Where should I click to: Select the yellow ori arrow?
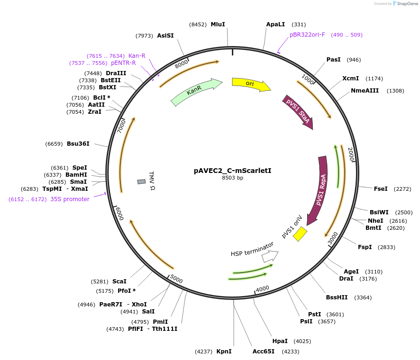coord(251,84)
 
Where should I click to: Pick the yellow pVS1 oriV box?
coord(300,234)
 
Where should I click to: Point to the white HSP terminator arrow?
coord(270,256)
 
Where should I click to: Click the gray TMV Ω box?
coord(142,182)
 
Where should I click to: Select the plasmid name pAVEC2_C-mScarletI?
coord(232,171)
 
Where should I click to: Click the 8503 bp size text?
coord(232,178)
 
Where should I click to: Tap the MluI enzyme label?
coord(218,24)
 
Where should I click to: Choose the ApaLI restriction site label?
coord(275,24)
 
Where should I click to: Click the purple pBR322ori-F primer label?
coord(307,35)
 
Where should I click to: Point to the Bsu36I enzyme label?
coord(78,144)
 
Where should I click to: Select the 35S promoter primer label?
coord(70,199)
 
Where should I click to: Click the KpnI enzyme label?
coord(224,352)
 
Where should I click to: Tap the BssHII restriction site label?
coord(337,297)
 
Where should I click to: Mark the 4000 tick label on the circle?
coord(262,289)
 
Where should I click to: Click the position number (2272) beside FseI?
coord(402,189)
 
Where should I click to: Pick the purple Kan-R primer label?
coord(137,55)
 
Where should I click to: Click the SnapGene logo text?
coord(408,3)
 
